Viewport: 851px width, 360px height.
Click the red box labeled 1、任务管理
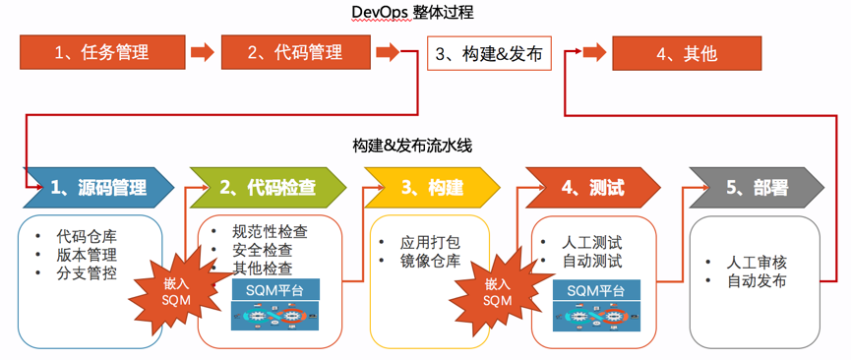pos(101,53)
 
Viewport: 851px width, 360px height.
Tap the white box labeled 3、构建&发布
pos(489,53)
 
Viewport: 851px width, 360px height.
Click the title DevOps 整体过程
pos(413,13)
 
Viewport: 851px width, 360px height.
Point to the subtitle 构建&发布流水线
pos(413,146)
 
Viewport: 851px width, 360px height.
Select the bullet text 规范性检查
pos(269,232)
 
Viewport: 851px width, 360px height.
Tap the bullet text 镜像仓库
pos(430,260)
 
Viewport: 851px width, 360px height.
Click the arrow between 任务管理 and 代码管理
pos(202,53)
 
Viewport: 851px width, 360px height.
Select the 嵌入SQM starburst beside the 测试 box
pos(498,291)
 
